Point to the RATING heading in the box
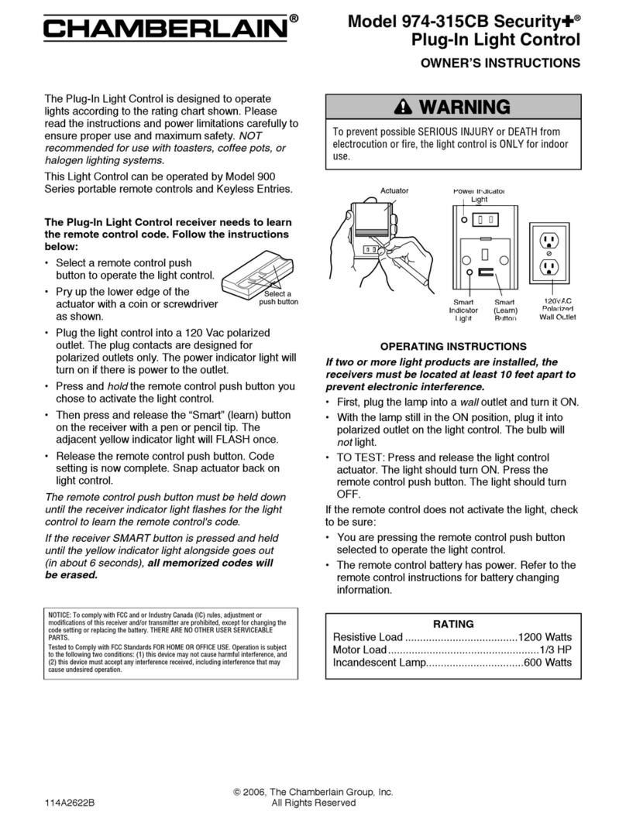click(453, 623)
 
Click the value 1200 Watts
click(545, 637)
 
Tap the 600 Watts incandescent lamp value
click(548, 663)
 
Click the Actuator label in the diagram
click(394, 190)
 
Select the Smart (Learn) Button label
click(504, 310)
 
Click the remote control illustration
click(257, 275)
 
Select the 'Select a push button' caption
click(278, 298)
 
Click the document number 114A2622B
click(71, 803)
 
